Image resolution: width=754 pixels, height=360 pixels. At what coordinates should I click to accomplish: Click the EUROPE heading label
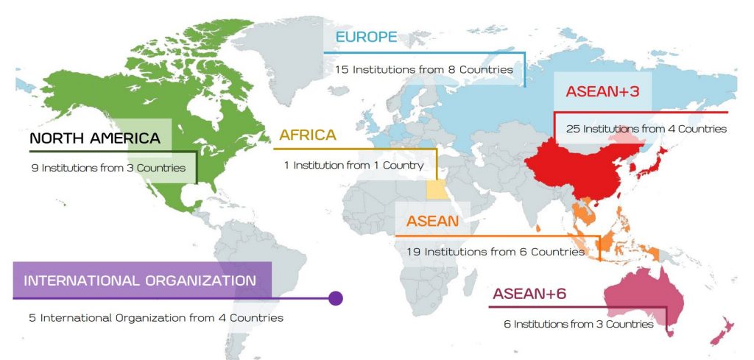(366, 38)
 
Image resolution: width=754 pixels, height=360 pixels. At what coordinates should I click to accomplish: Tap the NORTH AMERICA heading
(95, 138)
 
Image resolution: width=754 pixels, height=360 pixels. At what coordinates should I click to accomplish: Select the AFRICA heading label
(308, 135)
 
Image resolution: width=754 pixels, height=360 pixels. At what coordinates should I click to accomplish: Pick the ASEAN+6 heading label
(529, 294)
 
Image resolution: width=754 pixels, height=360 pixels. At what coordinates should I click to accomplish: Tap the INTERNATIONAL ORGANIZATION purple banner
(140, 280)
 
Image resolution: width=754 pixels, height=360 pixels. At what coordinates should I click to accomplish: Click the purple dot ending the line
(336, 298)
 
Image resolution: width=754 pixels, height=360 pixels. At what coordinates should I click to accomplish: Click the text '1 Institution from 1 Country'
(354, 166)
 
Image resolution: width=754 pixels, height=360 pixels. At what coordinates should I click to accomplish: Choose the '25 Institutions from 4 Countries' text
(646, 129)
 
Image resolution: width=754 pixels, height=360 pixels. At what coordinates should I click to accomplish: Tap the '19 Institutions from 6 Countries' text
(495, 252)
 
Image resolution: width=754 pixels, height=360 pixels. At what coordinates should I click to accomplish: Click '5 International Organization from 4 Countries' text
(152, 318)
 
